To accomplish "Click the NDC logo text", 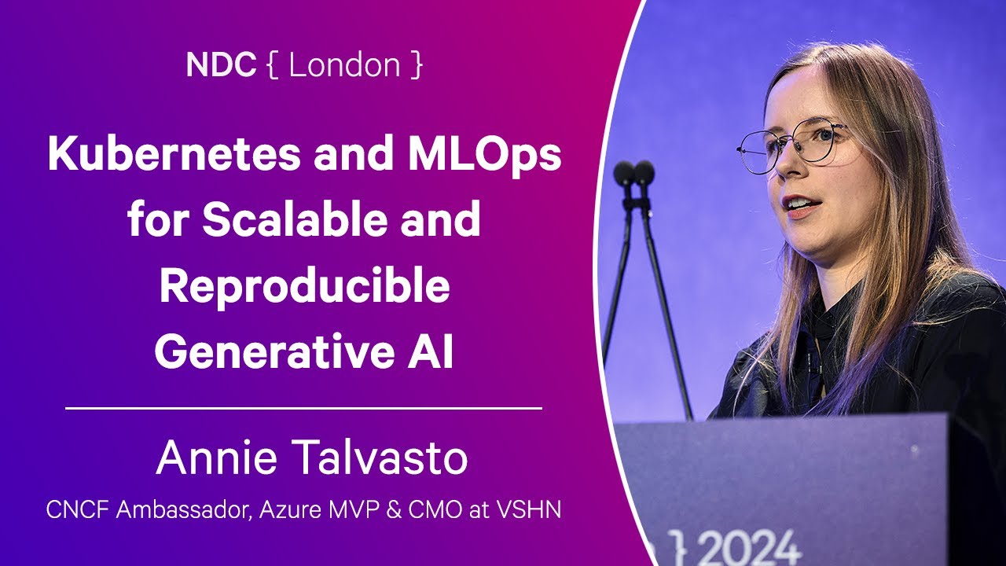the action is coord(221,64).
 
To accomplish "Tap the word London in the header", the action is coord(344,64).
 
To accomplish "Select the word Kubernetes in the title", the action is coord(174,153).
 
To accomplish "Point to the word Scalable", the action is coord(295,219).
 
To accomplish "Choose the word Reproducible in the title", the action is coord(304,289).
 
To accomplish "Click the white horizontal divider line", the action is coord(303,408).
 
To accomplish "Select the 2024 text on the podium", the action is coord(750,548).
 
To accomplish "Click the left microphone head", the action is coord(624,172).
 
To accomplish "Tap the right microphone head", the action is coord(644,172).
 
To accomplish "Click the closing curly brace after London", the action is coord(417,65).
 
